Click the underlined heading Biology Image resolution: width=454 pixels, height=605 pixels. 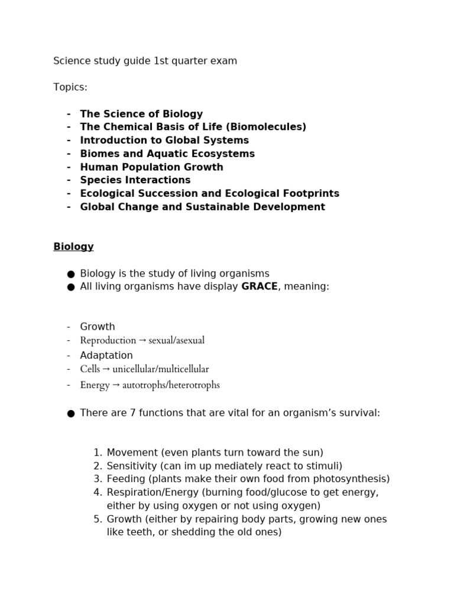coord(73,246)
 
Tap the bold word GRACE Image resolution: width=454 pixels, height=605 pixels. coord(260,287)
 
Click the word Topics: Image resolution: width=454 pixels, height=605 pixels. coord(70,87)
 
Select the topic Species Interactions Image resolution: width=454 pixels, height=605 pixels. coord(135,180)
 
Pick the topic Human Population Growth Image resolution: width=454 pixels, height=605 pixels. coord(151,167)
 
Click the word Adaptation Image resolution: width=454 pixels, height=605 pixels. coord(106,355)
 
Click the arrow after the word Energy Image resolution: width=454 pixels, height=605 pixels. coord(115,385)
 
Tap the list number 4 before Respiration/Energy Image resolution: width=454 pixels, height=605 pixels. coord(98,492)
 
